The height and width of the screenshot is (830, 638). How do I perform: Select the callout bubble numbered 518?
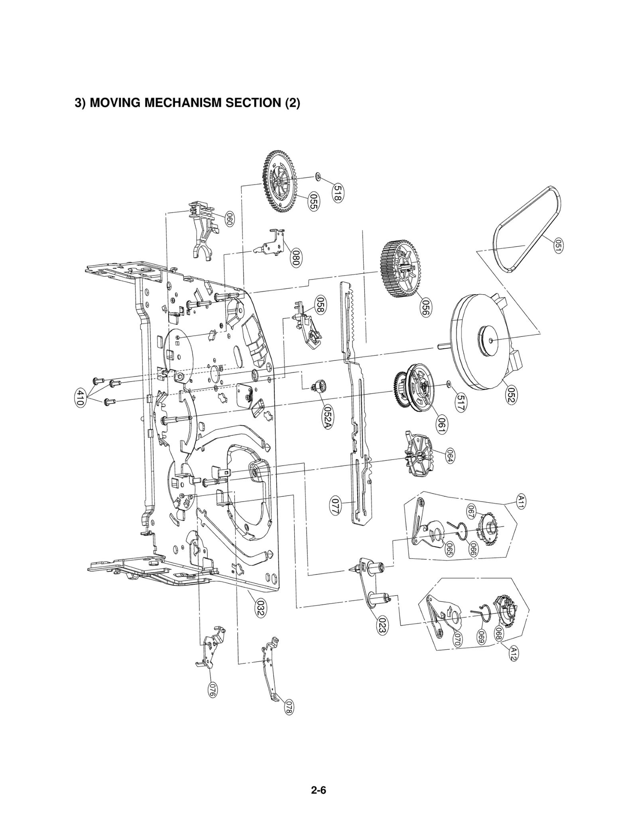[339, 193]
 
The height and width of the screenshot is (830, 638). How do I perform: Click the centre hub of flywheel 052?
[490, 339]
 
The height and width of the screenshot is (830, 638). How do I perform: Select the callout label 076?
[213, 689]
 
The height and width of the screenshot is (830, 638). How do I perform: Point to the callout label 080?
[296, 258]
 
